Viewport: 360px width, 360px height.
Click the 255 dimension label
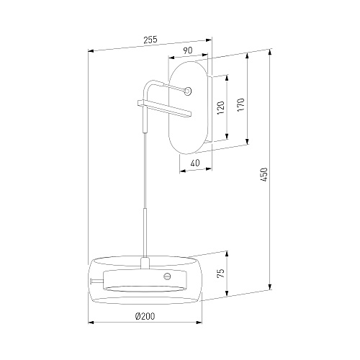[x=150, y=40]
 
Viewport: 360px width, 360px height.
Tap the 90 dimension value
[x=188, y=50]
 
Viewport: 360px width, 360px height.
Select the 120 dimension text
[x=220, y=107]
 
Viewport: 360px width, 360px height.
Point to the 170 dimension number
[x=240, y=104]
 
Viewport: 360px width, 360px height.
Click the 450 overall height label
[x=264, y=175]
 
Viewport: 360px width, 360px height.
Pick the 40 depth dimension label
[x=195, y=163]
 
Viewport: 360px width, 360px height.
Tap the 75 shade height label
[x=221, y=274]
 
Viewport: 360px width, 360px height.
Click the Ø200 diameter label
[x=145, y=316]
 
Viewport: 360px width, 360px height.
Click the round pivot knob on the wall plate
[x=188, y=91]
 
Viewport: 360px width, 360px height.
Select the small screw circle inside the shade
[x=167, y=276]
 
